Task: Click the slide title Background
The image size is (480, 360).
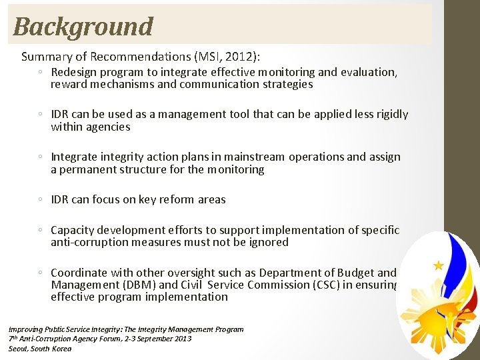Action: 83,27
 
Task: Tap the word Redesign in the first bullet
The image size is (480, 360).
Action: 73,72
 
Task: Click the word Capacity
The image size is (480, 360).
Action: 73,230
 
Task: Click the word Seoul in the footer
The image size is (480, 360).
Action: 20,349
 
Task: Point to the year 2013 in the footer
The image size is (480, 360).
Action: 180,339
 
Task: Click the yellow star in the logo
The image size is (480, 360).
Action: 439,265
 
